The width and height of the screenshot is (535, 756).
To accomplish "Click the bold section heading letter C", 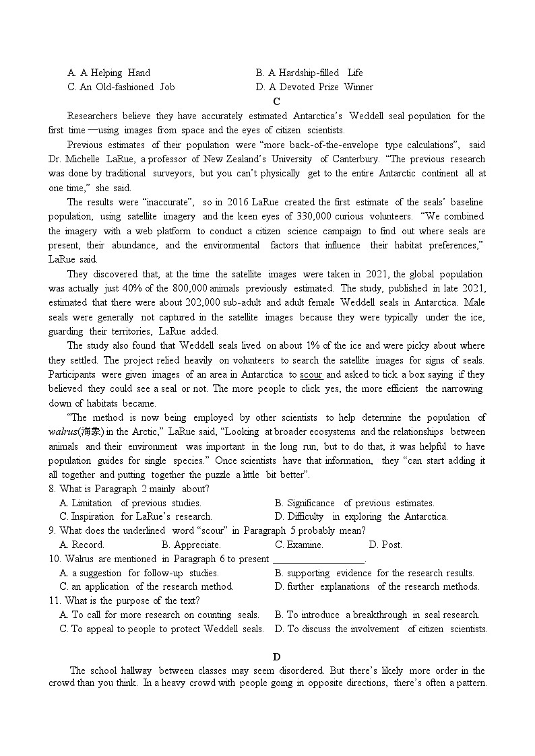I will point(276,102).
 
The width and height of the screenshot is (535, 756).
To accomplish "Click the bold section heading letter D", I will point(276,656).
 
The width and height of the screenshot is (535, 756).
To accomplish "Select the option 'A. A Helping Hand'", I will point(108,73).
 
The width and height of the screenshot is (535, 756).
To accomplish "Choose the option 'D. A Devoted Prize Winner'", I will point(314,87).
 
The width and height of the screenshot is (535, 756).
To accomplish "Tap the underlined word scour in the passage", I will point(311,374).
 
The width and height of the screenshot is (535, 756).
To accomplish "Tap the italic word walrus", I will point(62,432).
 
